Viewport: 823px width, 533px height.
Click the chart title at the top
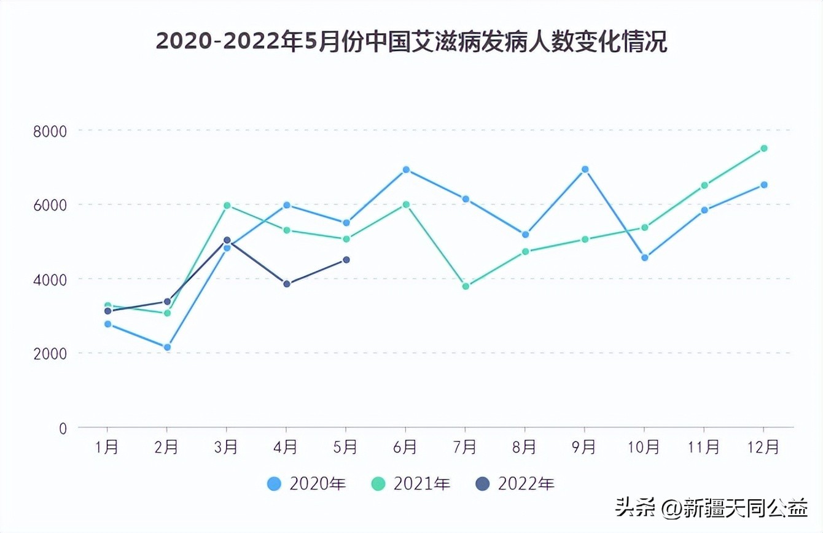411,42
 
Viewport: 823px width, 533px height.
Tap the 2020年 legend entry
307,484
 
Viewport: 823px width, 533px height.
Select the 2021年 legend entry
411,484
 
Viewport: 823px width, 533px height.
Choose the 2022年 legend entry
515,484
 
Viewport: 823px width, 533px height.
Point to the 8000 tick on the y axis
54,131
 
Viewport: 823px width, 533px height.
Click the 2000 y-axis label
54,354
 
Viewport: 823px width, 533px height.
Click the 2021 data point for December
764,148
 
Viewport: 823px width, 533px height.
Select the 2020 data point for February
167,347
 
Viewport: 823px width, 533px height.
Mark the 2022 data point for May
346,260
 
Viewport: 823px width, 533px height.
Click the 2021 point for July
466,286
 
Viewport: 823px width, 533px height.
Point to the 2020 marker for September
585,169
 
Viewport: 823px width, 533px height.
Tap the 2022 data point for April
287,284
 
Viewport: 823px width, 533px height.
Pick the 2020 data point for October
644,258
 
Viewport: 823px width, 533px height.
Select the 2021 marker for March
227,205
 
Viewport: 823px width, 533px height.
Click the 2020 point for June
406,169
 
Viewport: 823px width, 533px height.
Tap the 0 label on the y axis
63,428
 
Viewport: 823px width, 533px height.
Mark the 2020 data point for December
764,185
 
